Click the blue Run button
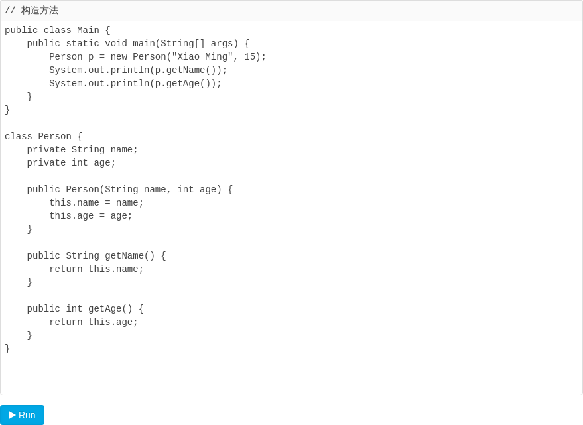click(x=23, y=415)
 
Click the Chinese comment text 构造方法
click(x=40, y=11)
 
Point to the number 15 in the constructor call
click(x=249, y=56)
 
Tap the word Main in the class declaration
click(x=88, y=30)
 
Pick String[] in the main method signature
click(x=182, y=44)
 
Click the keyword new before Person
click(x=119, y=56)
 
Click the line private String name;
click(x=82, y=149)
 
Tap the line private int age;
click(x=71, y=163)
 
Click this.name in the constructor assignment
click(x=74, y=203)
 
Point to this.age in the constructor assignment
click(x=72, y=216)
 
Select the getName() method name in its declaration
click(x=130, y=256)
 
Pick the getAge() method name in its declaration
click(x=110, y=308)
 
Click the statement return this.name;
click(x=96, y=269)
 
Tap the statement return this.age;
click(x=94, y=322)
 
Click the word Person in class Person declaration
click(x=54, y=137)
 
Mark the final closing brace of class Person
click(x=7, y=348)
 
